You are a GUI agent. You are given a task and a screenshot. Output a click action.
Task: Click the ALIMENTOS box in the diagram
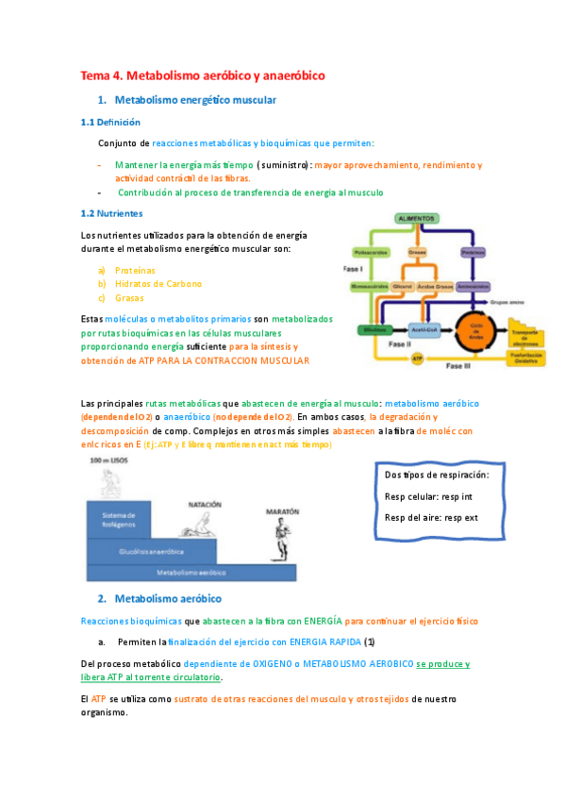click(416, 218)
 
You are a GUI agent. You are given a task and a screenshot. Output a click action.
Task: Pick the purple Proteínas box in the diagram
click(473, 252)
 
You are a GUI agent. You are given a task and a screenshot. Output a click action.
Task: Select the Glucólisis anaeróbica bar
click(151, 550)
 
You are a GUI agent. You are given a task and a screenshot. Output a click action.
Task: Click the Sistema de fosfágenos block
click(120, 519)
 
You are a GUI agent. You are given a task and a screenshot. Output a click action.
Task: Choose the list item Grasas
click(129, 298)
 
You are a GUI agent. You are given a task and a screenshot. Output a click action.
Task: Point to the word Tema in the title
click(94, 75)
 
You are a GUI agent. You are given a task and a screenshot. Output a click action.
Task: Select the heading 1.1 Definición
click(110, 122)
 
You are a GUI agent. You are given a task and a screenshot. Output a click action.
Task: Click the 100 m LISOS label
click(109, 459)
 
